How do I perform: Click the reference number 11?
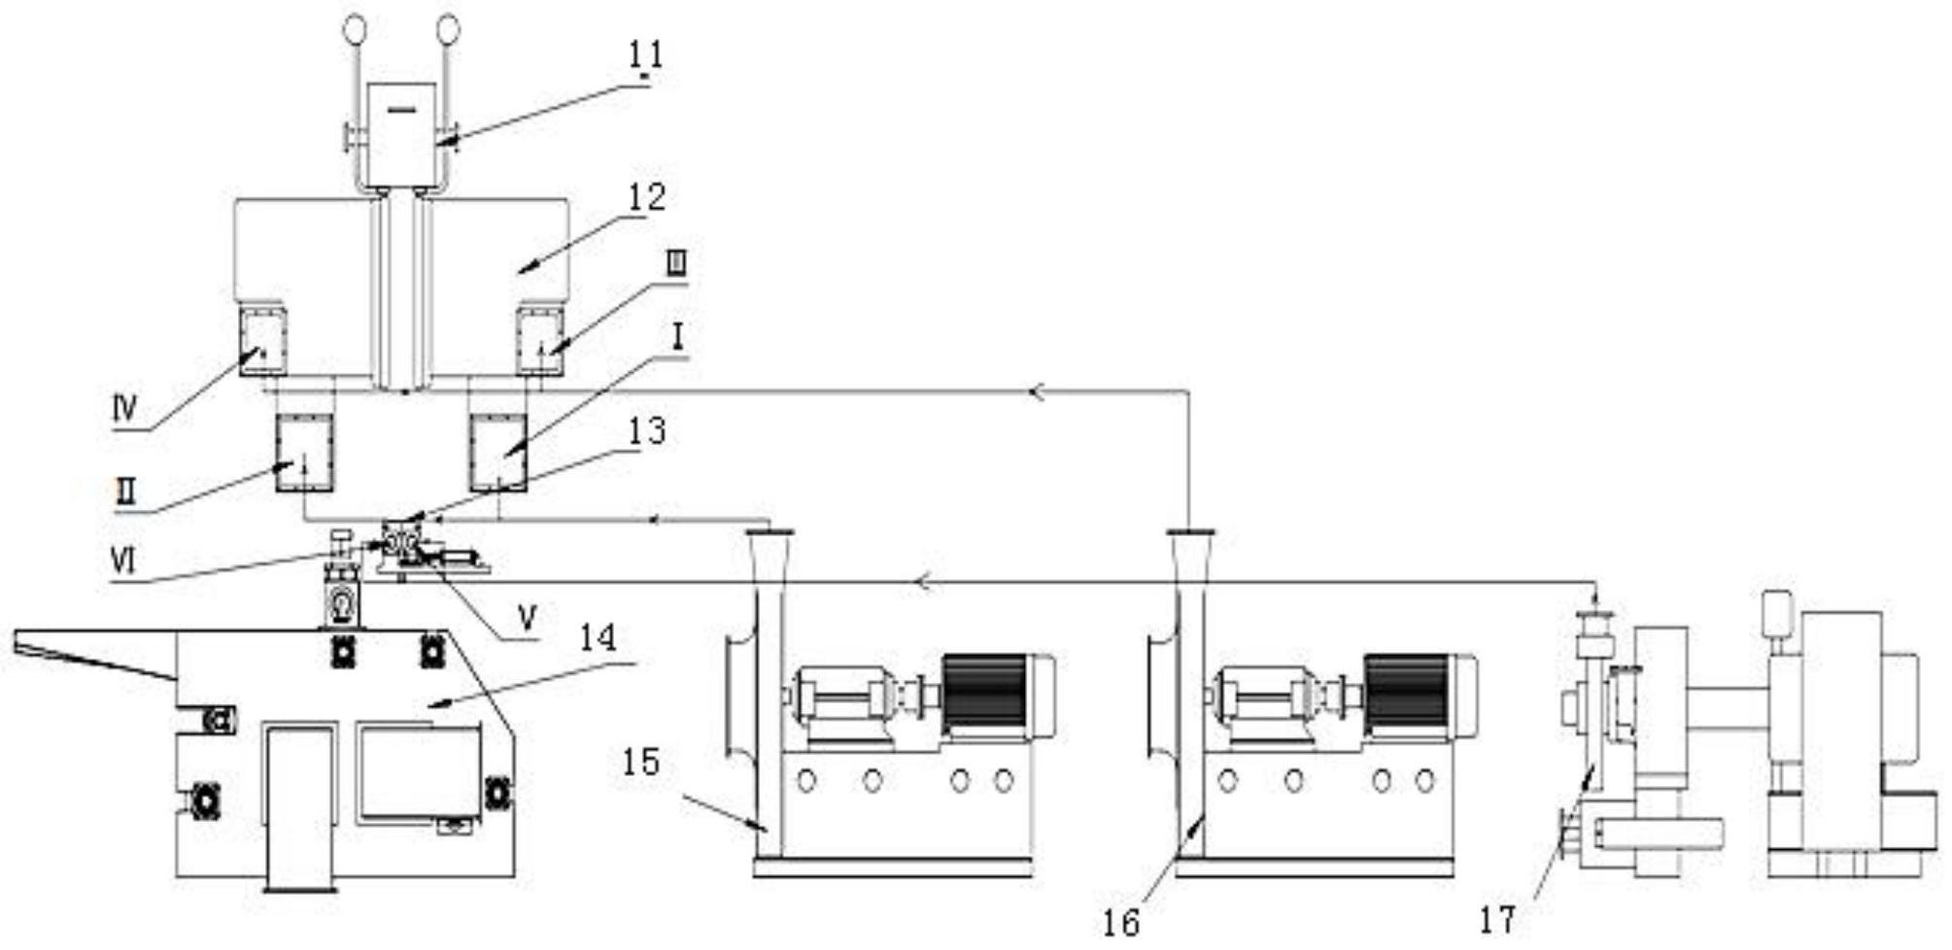645,55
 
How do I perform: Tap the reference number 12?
646,197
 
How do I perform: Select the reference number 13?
646,430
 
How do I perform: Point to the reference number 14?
598,638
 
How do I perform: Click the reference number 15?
641,763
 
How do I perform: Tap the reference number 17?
1497,919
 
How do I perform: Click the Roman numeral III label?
677,263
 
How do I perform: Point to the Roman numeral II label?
123,492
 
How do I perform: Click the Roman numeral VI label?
123,561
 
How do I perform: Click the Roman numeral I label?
678,337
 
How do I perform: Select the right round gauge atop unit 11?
448,29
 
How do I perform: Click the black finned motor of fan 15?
984,694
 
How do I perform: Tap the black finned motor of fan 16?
1406,694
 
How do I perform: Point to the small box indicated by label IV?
262,341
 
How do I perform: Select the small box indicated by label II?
304,453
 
